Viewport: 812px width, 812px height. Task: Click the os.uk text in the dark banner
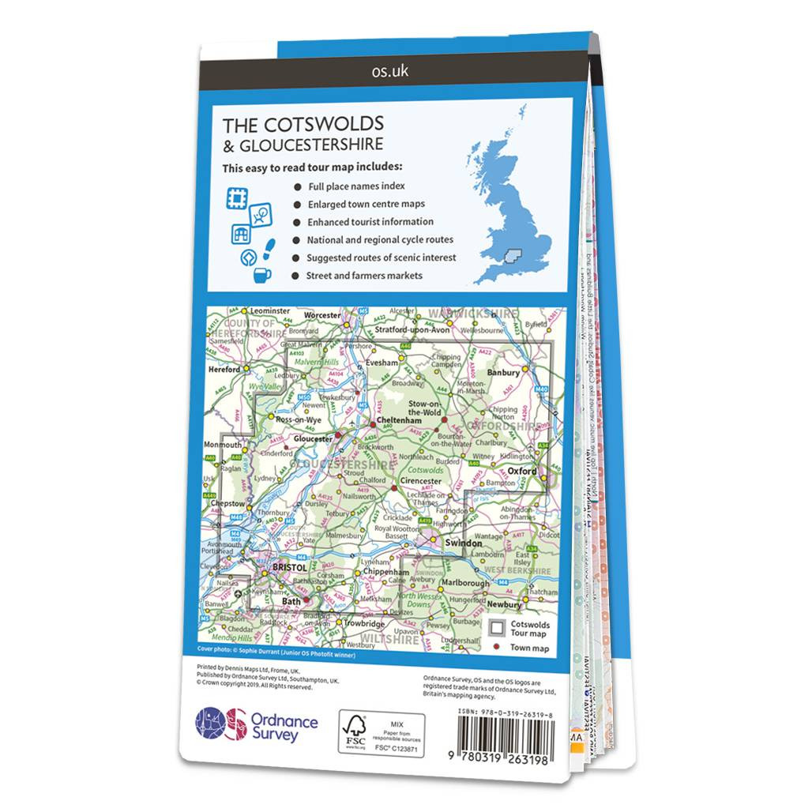click(x=389, y=71)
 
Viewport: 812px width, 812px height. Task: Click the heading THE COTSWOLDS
click(x=303, y=124)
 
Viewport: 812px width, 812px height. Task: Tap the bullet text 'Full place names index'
click(x=356, y=186)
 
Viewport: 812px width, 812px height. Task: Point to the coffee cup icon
click(x=261, y=275)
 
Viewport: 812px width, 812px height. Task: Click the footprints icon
click(x=268, y=251)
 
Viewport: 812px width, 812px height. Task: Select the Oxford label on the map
click(x=521, y=471)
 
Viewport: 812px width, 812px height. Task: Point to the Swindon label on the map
click(x=463, y=543)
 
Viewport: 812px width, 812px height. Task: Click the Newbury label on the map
click(x=504, y=604)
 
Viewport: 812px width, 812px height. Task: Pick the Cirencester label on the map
click(x=419, y=480)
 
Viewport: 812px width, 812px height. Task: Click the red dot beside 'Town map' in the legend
click(x=497, y=648)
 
